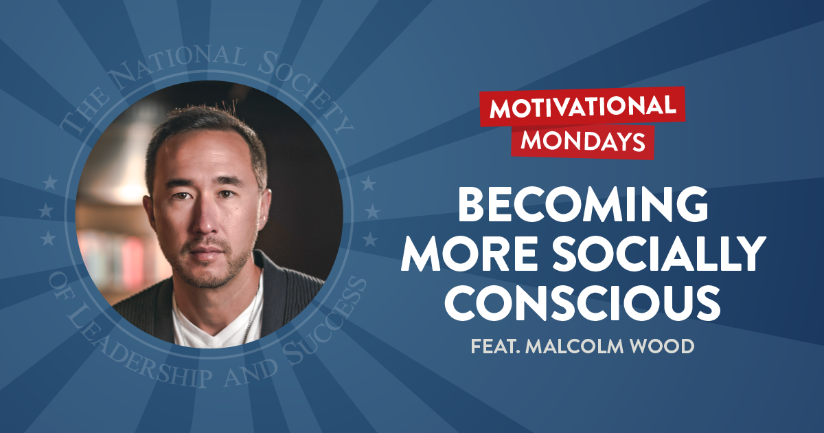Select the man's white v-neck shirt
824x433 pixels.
(x=220, y=323)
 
